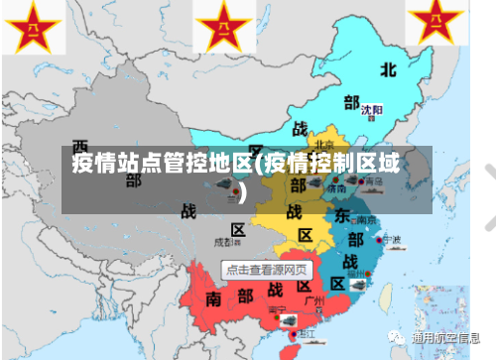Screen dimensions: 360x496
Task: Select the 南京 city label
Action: click(365, 220)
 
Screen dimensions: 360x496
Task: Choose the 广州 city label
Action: click(315, 299)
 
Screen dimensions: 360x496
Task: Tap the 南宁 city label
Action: click(278, 310)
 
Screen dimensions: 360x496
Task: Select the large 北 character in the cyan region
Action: click(389, 69)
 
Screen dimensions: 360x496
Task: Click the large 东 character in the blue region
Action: click(340, 216)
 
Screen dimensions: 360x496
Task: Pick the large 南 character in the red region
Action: click(214, 298)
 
